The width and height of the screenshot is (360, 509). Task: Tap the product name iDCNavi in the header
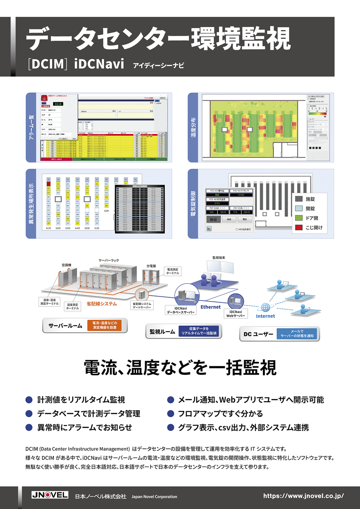click(99, 64)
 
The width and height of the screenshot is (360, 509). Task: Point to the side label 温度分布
click(194, 127)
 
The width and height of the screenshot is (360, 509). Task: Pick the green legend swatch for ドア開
click(299, 218)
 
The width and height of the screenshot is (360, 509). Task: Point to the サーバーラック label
click(109, 259)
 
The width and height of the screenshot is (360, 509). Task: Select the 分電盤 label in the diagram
click(152, 266)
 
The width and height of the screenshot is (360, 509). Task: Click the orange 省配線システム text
click(101, 304)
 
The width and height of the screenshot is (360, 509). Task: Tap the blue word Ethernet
click(211, 307)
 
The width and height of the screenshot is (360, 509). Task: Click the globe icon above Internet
click(265, 307)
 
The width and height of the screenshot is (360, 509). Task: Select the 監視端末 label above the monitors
click(220, 257)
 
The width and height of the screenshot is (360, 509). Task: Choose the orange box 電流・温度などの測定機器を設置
click(104, 325)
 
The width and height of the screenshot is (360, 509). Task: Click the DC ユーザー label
click(258, 334)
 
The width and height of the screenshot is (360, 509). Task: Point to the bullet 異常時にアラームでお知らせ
click(84, 427)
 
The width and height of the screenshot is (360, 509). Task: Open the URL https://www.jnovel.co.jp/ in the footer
click(303, 496)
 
